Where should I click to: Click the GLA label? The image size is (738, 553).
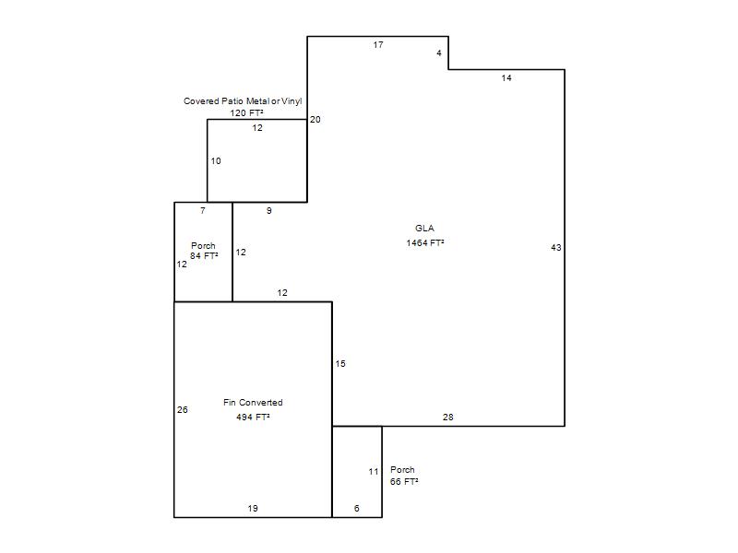(424, 228)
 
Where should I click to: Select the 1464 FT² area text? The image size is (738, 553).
(425, 242)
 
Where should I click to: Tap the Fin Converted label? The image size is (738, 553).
(253, 403)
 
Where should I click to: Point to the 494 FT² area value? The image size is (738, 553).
(253, 418)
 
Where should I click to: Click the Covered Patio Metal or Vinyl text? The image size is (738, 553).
(243, 101)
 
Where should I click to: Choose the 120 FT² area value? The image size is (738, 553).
(246, 112)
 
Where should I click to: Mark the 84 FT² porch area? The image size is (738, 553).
(204, 256)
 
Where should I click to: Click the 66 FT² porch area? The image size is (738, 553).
(404, 481)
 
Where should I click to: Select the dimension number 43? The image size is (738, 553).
(556, 247)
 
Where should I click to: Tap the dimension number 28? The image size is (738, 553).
(448, 418)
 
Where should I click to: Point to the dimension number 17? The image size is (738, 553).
(378, 44)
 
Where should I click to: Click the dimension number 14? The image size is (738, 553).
(506, 78)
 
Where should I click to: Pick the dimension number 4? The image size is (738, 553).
(439, 53)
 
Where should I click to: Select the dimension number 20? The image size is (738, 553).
(315, 120)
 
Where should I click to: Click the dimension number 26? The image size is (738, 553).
(183, 410)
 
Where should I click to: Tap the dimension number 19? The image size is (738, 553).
(253, 509)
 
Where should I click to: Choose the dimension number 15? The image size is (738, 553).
(340, 363)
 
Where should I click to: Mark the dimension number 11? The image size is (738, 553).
(374, 472)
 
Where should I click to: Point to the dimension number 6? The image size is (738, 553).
(357, 509)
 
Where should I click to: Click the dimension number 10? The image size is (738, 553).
(216, 160)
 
